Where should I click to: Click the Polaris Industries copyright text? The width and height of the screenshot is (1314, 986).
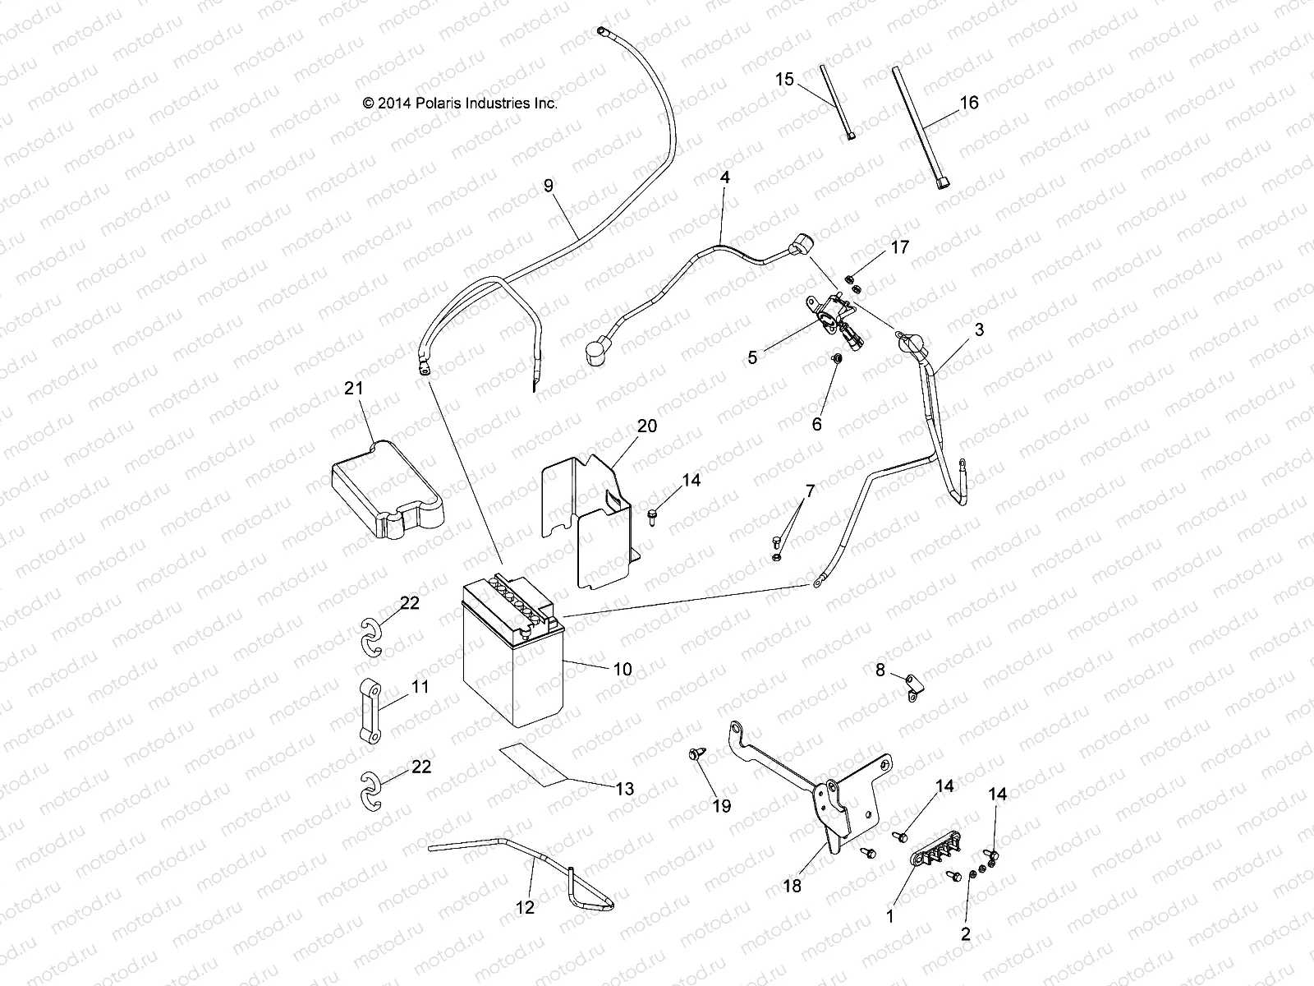click(460, 104)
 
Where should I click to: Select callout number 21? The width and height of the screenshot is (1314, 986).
click(353, 388)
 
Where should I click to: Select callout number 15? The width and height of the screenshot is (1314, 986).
click(785, 79)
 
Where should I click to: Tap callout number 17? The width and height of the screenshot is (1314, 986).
click(900, 246)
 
